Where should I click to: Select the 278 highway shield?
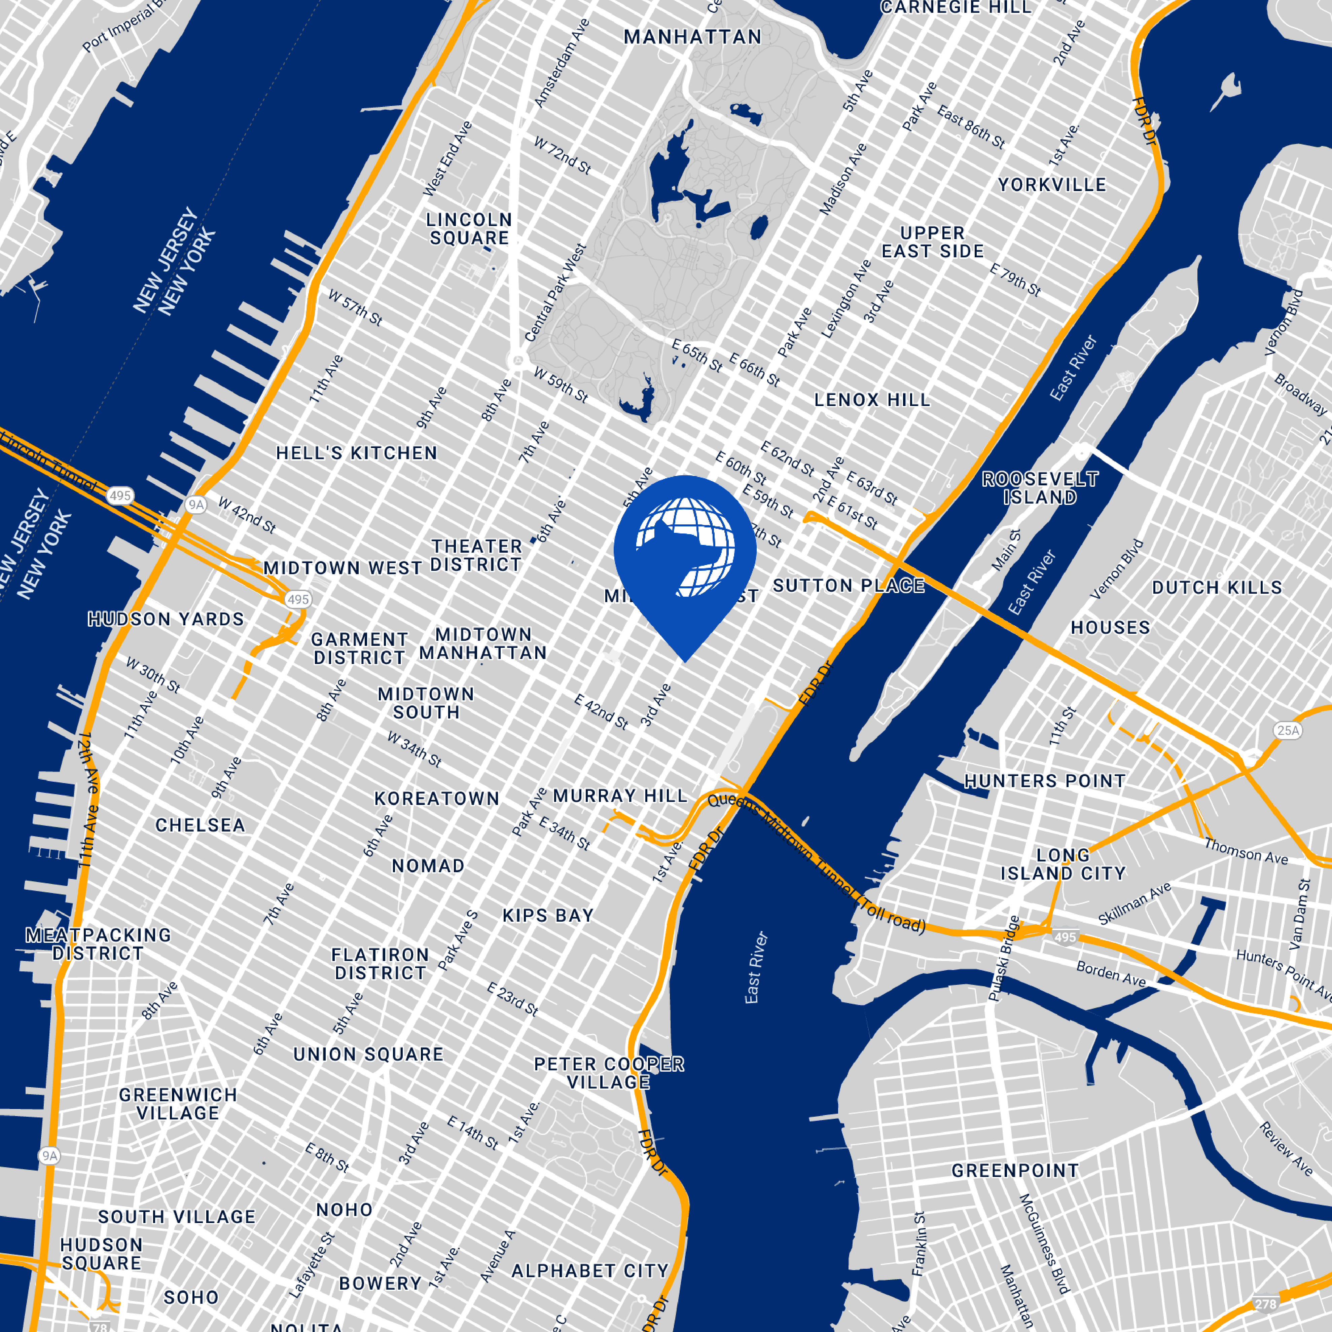point(1265,1304)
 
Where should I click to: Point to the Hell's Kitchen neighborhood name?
point(356,453)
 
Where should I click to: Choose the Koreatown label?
point(436,799)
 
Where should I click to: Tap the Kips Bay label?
point(548,916)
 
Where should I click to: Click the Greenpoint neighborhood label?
point(1015,1171)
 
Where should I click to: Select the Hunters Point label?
point(1044,781)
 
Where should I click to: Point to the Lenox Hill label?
point(872,400)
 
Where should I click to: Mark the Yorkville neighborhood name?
point(1052,185)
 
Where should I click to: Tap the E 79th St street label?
point(1015,279)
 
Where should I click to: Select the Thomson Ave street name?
point(1246,851)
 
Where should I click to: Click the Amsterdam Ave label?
point(562,64)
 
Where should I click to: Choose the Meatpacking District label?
point(99,944)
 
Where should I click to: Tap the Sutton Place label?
point(849,586)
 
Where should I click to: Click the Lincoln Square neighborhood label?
point(469,229)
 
